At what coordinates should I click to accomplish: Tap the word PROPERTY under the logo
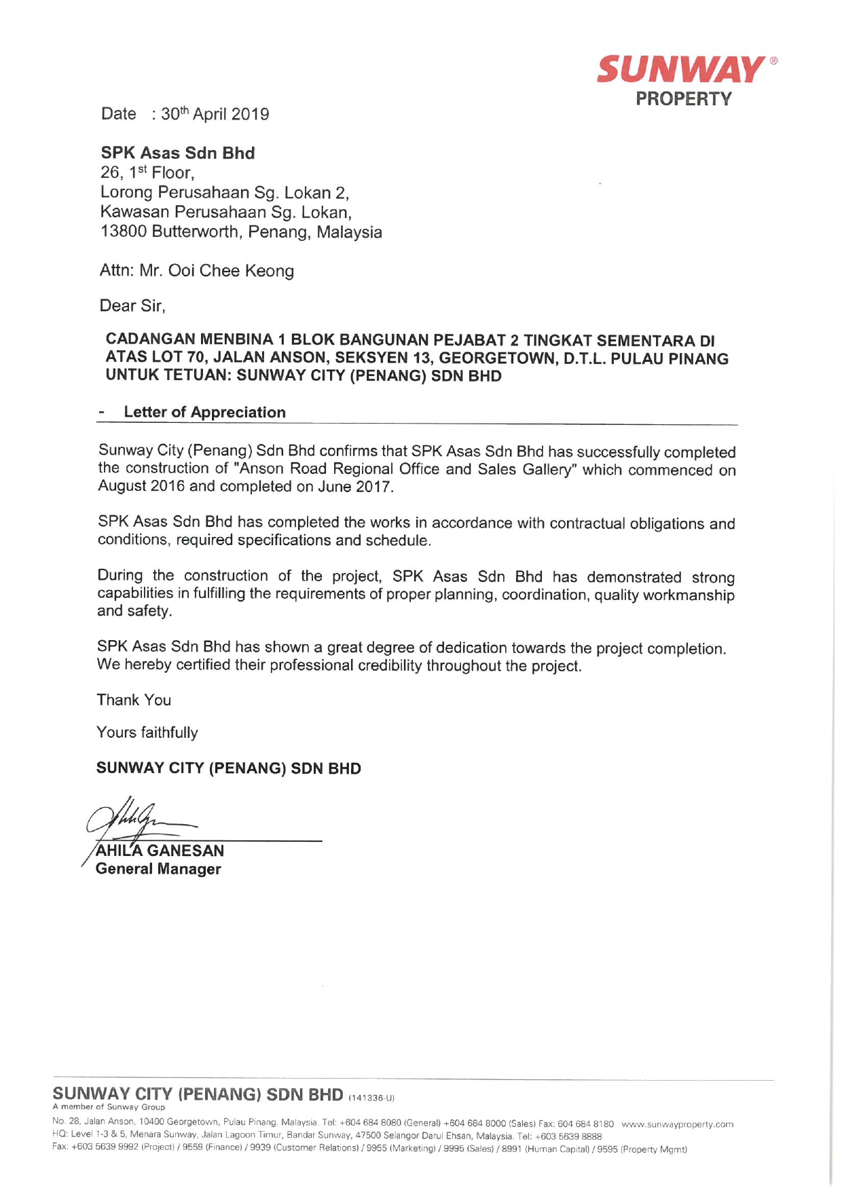tap(683, 99)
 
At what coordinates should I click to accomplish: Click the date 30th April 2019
tap(215, 114)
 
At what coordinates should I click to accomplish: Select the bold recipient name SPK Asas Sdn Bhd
tap(178, 153)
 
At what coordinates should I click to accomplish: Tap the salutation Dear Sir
tap(132, 306)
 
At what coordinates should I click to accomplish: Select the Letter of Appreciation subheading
tap(204, 412)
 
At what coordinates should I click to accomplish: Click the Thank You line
tap(134, 700)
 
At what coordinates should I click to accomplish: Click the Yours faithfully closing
tap(147, 732)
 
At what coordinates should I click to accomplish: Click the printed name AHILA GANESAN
tap(160, 851)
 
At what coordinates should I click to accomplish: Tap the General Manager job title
tap(158, 869)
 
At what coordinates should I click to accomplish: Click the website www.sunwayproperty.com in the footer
tap(677, 1124)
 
